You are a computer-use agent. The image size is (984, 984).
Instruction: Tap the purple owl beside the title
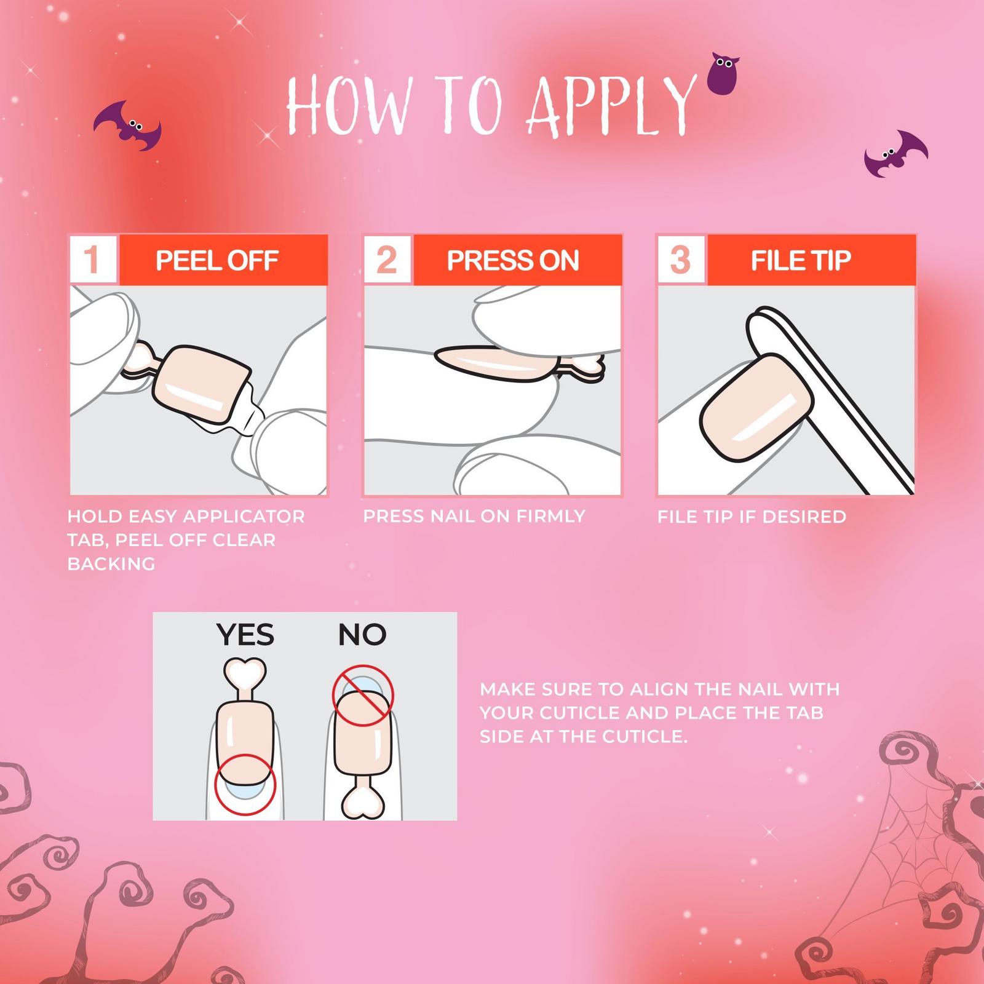724,74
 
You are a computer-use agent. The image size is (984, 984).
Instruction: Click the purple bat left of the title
128,126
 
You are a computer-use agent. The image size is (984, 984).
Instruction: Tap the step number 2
386,260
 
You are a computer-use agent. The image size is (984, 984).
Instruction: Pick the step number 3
680,260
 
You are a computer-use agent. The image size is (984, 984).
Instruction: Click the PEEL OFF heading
217,260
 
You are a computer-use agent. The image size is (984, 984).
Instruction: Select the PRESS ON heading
513,260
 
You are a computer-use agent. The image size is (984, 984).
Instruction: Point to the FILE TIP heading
801,260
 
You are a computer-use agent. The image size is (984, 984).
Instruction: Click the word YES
245,635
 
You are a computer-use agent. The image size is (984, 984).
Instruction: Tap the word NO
362,635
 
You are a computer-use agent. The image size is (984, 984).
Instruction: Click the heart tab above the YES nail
245,675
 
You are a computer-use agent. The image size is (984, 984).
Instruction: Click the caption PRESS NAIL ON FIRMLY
474,516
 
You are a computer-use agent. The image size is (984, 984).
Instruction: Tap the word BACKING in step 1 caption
111,563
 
